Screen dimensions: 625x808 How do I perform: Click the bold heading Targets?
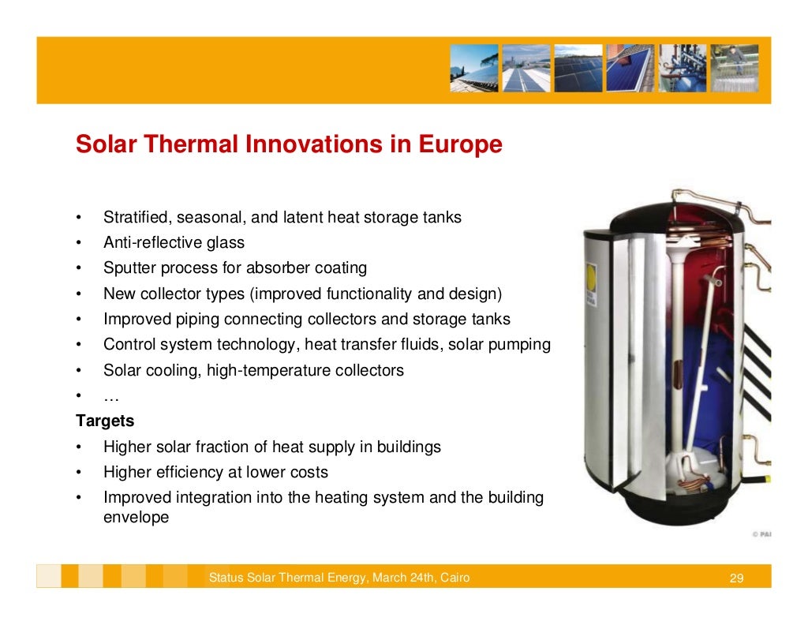pos(105,421)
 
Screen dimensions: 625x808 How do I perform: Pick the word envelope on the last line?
pos(136,518)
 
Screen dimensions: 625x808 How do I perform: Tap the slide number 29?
pos(736,578)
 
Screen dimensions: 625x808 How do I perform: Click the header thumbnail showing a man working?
pos(734,68)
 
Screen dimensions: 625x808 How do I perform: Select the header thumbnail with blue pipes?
pos(683,68)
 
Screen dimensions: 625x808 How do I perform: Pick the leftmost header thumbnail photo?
pos(474,68)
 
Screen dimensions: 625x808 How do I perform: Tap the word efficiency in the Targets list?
pos(196,472)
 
